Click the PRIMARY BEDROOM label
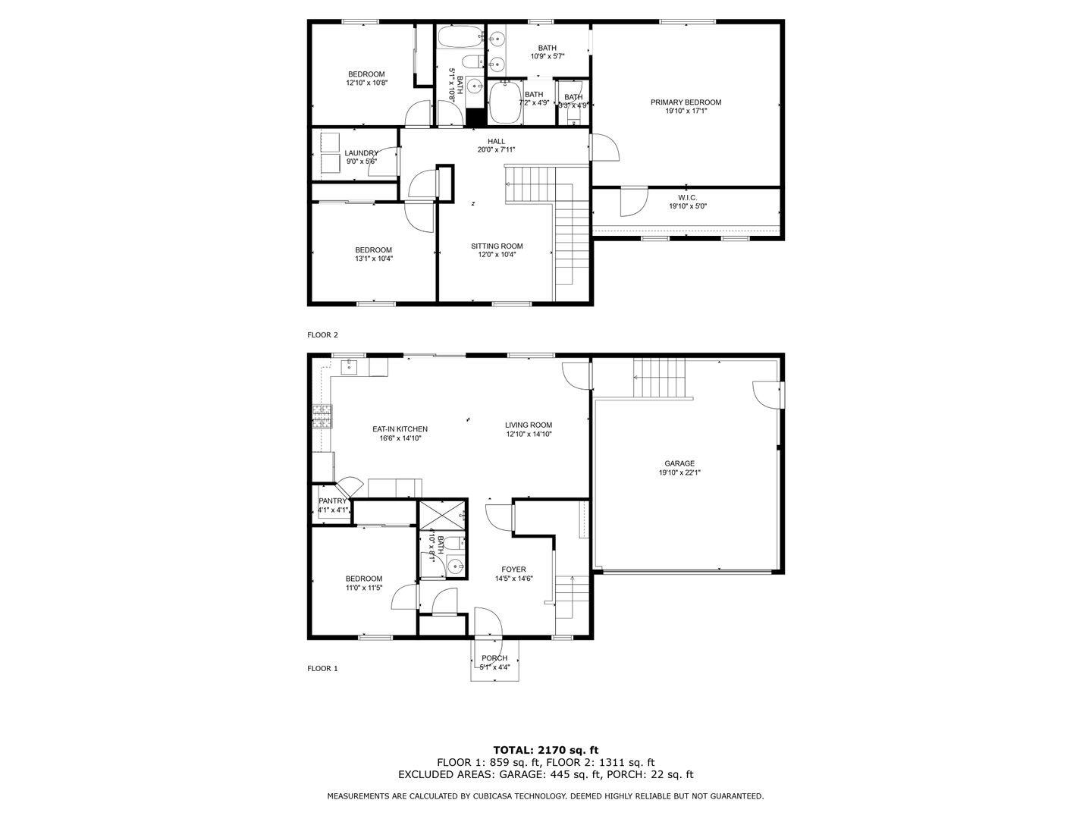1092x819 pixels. [x=686, y=102]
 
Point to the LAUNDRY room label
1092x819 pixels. [x=361, y=153]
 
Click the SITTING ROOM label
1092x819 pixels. [x=497, y=246]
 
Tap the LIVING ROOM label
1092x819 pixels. [x=529, y=425]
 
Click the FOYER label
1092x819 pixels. [x=513, y=570]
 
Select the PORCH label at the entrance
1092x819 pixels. [x=494, y=657]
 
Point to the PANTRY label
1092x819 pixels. [x=332, y=500]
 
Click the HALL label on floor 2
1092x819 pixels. [x=496, y=141]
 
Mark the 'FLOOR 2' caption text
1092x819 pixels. [x=322, y=334]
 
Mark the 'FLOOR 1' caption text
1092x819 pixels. [x=322, y=668]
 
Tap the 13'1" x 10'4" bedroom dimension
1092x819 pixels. [x=373, y=259]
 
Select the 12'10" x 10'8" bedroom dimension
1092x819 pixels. [x=366, y=83]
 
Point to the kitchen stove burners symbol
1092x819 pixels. [x=322, y=416]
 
